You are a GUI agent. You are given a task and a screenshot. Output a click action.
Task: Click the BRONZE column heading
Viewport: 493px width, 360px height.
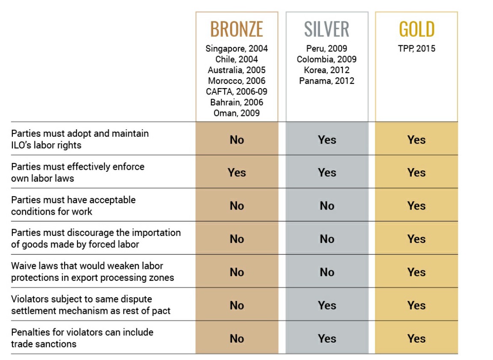237,30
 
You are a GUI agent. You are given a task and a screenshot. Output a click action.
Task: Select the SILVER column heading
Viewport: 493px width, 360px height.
327,30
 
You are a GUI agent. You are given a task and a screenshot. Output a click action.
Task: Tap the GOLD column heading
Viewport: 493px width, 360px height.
416,30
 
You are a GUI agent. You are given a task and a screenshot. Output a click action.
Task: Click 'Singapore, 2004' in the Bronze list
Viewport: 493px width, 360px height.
237,49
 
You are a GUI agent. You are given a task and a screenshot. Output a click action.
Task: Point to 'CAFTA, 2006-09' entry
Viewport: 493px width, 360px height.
237,91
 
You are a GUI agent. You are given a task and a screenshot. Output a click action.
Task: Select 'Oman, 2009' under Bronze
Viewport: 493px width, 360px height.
237,113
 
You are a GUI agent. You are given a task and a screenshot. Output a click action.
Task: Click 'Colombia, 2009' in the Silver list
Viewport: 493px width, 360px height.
327,59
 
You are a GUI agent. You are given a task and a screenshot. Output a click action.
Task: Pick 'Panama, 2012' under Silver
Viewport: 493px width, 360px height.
327,81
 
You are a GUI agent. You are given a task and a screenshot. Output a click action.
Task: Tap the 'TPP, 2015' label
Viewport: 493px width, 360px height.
416,49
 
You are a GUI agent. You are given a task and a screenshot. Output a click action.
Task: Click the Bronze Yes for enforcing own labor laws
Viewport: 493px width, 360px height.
237,172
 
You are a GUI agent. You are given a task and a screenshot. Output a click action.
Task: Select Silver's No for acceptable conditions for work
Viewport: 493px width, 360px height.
327,206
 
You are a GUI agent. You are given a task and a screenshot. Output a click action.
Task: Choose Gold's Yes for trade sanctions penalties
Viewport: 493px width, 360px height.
416,339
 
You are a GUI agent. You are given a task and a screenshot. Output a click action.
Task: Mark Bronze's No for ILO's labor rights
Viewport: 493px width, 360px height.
237,139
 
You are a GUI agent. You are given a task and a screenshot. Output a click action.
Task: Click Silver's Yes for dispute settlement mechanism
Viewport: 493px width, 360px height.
327,305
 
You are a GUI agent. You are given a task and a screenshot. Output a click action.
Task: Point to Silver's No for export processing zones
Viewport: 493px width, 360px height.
327,272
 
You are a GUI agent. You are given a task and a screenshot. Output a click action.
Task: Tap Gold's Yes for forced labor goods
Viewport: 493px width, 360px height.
416,239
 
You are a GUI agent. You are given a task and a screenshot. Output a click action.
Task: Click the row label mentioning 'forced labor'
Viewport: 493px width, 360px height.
96,239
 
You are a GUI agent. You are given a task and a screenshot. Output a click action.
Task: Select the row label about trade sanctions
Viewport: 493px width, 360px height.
82,338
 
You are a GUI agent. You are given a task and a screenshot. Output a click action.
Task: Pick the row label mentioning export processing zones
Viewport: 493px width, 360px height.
92,272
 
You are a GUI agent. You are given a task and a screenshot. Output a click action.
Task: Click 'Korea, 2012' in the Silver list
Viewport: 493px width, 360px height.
327,70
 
